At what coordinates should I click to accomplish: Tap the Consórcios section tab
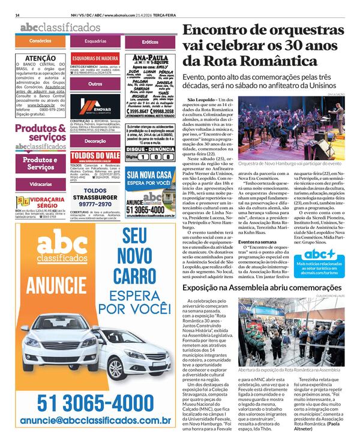[x=40, y=41]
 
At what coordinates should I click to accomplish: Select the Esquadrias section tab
[x=95, y=41]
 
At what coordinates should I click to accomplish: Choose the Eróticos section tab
[x=150, y=41]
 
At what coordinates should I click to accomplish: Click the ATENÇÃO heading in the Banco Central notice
[x=41, y=58]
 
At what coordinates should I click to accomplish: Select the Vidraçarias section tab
[x=40, y=183]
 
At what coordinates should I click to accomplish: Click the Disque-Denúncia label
[x=150, y=148]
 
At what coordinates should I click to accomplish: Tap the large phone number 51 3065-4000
[x=95, y=402]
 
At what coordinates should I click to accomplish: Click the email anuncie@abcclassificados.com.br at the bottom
[x=95, y=422]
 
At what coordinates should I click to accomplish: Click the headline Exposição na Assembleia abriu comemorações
[x=262, y=288]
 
